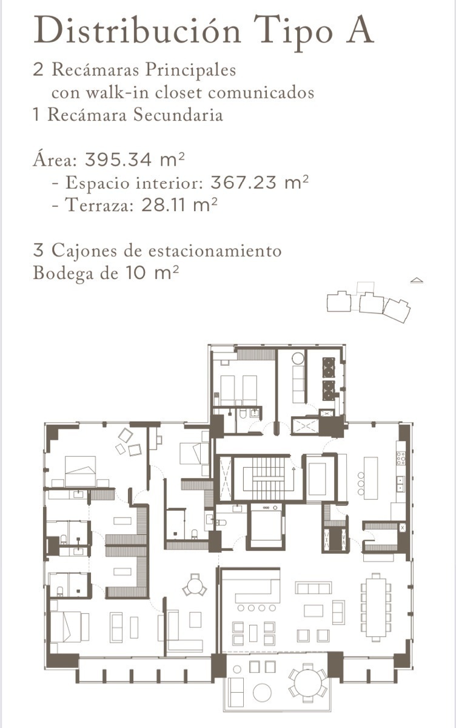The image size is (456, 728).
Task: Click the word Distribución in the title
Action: point(137,30)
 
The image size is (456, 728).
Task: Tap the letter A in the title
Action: point(360,30)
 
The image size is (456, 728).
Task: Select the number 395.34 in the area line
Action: point(118,160)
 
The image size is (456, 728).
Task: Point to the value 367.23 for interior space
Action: point(244,183)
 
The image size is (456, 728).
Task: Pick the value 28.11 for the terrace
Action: point(165,205)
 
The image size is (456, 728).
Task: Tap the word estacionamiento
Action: point(215,251)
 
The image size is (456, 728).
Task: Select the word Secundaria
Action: point(178,115)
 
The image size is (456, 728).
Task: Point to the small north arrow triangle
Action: point(417,280)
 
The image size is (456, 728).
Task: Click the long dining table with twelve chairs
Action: point(376,607)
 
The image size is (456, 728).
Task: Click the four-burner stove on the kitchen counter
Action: point(401,458)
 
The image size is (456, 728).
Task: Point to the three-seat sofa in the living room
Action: point(313,588)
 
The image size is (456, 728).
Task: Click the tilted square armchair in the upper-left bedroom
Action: point(126,435)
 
